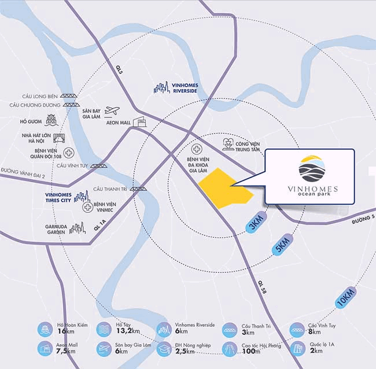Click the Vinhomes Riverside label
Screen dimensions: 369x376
point(185,88)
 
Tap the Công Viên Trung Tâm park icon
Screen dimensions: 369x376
point(228,144)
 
